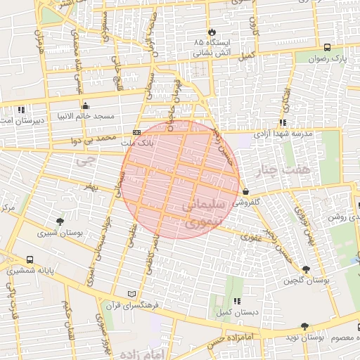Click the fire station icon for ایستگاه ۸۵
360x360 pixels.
point(211,32)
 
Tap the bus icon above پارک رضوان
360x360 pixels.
point(328,47)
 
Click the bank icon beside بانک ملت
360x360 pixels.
point(136,132)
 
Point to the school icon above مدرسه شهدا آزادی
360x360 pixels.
point(283,122)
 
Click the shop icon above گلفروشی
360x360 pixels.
point(245,191)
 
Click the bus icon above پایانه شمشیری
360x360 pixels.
point(30,260)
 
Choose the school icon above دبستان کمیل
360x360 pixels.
point(236,301)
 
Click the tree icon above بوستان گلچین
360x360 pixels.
point(305,269)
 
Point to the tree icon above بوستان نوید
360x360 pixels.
point(304,326)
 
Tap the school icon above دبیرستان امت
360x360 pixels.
point(21,110)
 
